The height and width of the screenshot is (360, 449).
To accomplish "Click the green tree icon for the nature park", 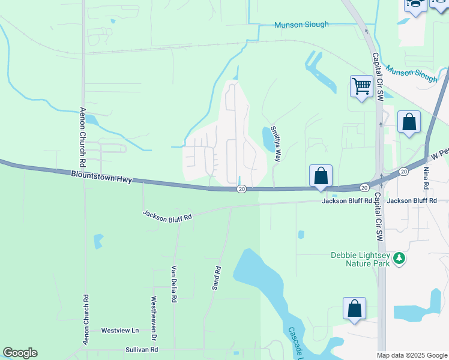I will tap(399, 259).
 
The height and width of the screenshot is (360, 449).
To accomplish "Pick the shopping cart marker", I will tap(361, 87).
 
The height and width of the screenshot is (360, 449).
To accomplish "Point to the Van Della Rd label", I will tap(174, 283).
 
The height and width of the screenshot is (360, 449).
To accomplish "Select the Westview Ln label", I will tap(119, 331).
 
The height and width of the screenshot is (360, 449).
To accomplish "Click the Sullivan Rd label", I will tap(142, 349).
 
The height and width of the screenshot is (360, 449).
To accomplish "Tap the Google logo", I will tap(20, 353).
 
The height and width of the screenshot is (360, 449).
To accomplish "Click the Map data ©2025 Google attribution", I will tap(412, 355).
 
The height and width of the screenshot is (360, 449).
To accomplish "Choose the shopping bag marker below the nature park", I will tap(355, 308).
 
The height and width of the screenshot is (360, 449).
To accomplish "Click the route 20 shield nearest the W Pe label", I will tap(405, 172).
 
